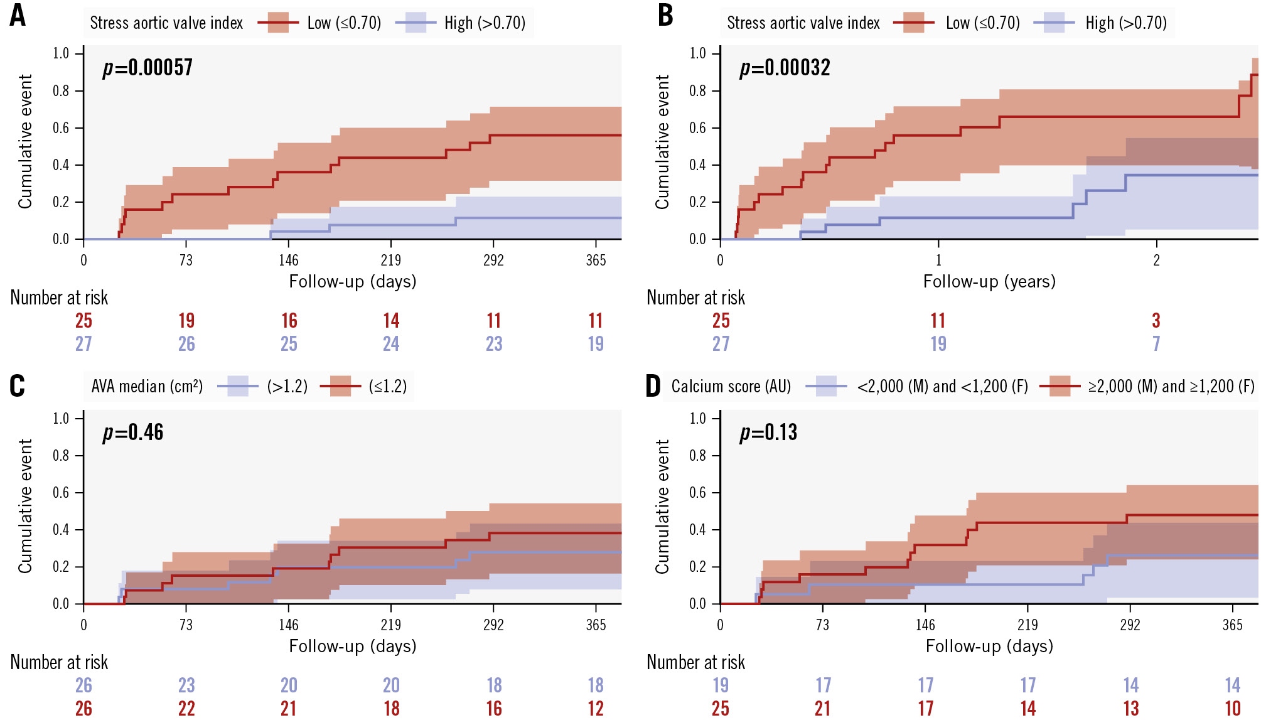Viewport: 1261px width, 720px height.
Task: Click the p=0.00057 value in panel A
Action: pos(148,67)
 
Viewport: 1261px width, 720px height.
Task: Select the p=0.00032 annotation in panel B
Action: pos(785,67)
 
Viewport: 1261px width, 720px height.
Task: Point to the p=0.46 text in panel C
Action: pos(133,432)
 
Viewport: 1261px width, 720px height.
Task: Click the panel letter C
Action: pos(18,385)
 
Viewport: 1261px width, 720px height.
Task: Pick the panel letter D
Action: pos(653,385)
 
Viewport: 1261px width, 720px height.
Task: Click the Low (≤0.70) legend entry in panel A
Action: pos(344,23)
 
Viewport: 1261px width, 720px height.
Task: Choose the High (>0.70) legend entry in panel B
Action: pos(1126,23)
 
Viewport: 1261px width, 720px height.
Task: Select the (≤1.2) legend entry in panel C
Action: pos(388,386)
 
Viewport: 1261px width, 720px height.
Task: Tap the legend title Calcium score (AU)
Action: pos(731,386)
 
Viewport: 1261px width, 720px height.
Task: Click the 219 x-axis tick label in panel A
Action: pos(390,261)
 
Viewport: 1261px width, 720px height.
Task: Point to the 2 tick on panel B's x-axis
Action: pos(1156,261)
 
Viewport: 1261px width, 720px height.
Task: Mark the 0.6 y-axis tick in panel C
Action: pos(61,493)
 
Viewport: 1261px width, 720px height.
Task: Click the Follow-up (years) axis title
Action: pos(989,281)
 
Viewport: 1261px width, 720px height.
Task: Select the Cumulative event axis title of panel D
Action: pos(662,506)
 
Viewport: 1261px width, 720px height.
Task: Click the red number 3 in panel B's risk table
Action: pos(1156,321)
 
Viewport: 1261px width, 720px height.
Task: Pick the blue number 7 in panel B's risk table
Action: pos(1156,344)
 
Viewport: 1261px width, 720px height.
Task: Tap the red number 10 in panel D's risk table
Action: pos(1233,709)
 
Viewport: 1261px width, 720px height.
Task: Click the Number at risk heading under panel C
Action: pos(59,662)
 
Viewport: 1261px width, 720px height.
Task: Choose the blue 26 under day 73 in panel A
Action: pos(186,344)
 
